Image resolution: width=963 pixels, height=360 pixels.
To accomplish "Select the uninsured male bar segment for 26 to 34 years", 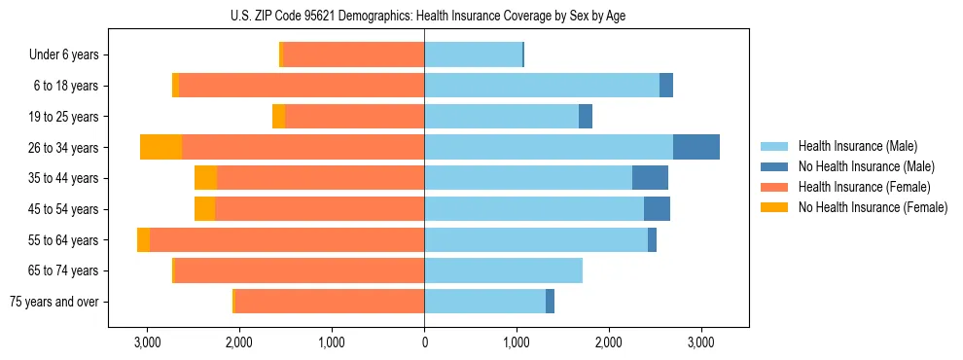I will point(696,147).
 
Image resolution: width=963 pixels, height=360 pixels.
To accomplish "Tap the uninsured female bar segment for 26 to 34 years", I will point(160,147).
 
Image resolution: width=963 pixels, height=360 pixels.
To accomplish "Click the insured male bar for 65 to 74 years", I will point(503,270).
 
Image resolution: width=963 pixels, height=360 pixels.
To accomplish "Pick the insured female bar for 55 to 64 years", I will point(287,239).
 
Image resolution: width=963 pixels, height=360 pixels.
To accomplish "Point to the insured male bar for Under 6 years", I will point(473,54).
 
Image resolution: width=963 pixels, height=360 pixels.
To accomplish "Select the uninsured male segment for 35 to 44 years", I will point(650,178).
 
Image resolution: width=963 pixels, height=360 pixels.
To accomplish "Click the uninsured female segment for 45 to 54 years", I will point(204,209).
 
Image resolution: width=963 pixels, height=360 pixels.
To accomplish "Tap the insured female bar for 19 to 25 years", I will point(354,117).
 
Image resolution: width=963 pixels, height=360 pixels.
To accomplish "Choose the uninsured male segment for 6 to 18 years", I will point(666,86).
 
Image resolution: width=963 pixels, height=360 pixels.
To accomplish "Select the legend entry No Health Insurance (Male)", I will point(862,166).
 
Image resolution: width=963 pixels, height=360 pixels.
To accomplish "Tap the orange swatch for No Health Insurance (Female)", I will point(774,207).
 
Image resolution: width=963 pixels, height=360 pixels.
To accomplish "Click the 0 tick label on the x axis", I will point(424,342).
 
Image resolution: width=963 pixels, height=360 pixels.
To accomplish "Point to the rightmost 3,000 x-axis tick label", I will point(701,342).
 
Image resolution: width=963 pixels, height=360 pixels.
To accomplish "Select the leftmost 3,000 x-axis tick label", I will point(147,342).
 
